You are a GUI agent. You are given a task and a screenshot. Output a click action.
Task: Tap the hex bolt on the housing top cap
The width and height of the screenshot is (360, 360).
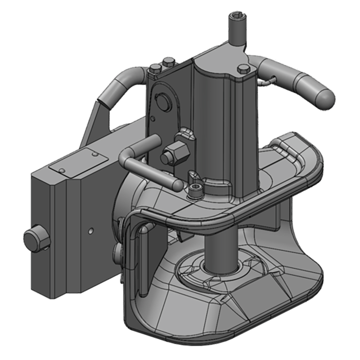coord(243,68)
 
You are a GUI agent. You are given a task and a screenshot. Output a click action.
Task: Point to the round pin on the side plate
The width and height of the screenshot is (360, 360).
coord(162,102)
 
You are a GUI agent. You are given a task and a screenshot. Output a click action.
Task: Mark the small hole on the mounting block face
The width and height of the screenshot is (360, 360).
coord(91,230)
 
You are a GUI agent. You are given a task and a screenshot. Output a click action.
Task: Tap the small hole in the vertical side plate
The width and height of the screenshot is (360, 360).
coord(153,119)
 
